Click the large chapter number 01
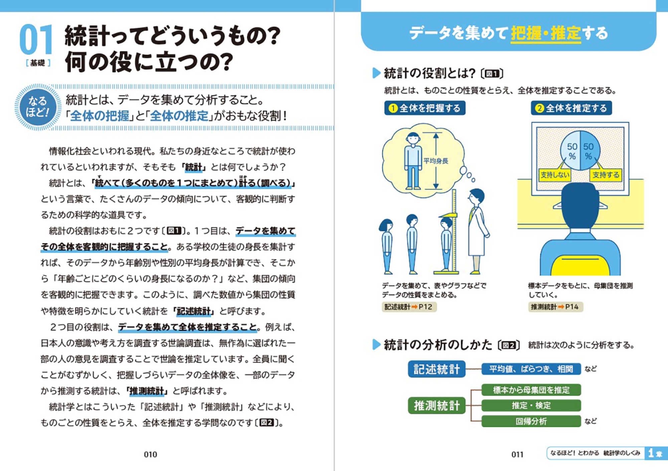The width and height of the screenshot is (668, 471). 36,39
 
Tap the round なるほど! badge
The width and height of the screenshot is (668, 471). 38,107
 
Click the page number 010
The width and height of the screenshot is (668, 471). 150,454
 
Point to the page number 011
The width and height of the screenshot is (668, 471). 517,454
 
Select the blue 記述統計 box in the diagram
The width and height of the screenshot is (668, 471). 437,369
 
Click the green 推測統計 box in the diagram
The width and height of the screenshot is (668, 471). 437,405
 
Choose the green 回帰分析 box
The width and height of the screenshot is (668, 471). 531,421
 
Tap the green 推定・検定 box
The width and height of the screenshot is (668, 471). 531,405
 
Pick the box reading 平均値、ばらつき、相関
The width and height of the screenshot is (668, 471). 531,369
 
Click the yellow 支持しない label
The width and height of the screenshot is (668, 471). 555,175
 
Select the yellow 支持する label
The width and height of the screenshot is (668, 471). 606,175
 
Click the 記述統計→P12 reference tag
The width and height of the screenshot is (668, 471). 409,307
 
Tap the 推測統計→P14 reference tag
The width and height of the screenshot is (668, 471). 555,307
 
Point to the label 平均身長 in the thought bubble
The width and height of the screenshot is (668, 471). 436,161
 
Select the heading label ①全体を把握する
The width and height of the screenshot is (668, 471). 425,108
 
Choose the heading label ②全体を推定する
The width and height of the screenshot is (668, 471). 571,108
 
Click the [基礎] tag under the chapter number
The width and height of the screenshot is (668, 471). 38,63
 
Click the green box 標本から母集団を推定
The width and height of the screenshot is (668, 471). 531,390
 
